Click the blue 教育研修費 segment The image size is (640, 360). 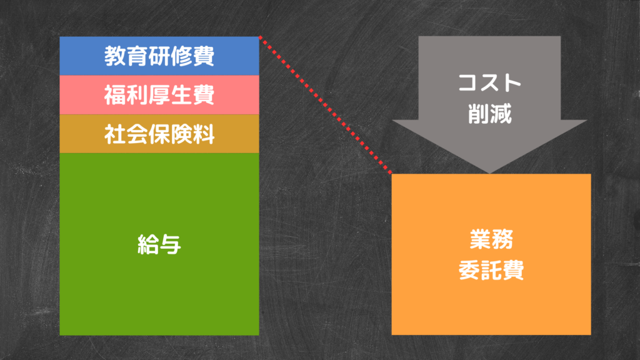click(159, 56)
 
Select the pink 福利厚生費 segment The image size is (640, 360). click(159, 95)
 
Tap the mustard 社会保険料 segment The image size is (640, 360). click(159, 134)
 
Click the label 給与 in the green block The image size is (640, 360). click(159, 244)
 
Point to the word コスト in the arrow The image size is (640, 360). click(489, 82)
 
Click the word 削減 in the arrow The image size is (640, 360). click(489, 114)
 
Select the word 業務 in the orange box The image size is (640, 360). click(491, 239)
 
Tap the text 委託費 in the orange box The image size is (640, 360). click(491, 270)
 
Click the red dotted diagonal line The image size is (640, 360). click(325, 105)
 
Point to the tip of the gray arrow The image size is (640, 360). click(489, 174)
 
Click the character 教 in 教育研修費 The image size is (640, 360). click(115, 56)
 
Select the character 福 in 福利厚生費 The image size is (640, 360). click(115, 95)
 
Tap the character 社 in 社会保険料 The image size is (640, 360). click(115, 134)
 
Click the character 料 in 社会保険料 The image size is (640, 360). click(204, 134)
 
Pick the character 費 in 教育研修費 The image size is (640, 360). click(204, 56)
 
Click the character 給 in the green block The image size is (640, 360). click(148, 244)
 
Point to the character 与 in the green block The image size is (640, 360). click(170, 244)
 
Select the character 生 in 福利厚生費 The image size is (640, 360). click(182, 95)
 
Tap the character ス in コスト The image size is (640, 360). click(489, 82)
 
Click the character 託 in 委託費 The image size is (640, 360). click(491, 270)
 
